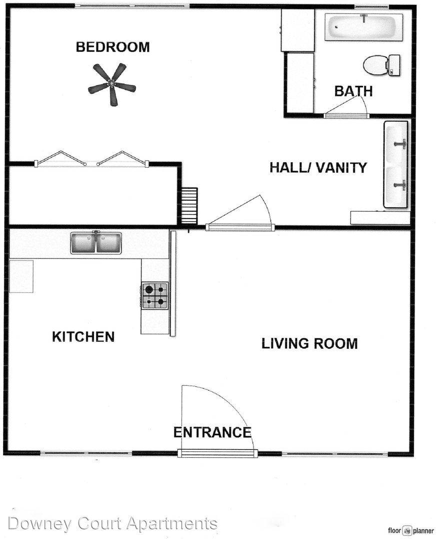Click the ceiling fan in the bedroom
(112, 84)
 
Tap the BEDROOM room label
(112, 47)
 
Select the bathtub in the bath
(363, 27)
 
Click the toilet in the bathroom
(381, 65)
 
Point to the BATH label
(353, 91)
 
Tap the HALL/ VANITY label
(318, 167)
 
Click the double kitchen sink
(96, 243)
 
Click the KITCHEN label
(83, 336)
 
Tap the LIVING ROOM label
(309, 343)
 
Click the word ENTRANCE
(212, 432)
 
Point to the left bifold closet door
(60, 159)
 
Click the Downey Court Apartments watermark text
(112, 524)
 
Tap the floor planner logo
(411, 531)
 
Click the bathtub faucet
(364, 17)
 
